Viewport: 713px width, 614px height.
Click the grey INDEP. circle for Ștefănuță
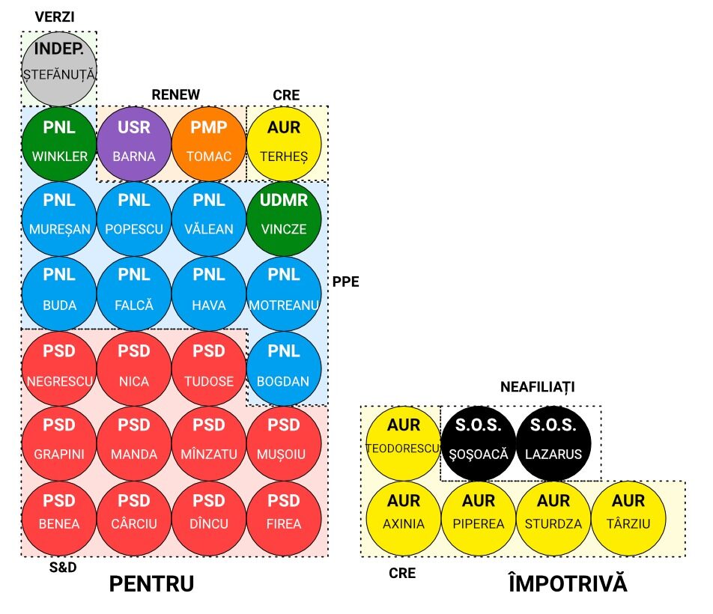59,68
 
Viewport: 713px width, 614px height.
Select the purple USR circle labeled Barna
134,143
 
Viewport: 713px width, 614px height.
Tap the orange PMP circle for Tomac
209,143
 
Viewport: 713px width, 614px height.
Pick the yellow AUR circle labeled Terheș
284,143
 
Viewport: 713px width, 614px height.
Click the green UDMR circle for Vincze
284,218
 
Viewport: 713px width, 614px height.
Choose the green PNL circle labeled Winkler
59,143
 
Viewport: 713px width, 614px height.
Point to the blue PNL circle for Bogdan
284,368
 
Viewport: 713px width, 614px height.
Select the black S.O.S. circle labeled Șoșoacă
479,443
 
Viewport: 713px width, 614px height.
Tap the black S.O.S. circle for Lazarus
553,443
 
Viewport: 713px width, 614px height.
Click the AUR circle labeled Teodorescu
404,443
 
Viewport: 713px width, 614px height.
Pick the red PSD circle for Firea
284,517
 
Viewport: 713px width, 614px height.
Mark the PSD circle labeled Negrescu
59,368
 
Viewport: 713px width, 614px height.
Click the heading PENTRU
151,584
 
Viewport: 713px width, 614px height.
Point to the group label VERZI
55,16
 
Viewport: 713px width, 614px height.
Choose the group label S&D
62,567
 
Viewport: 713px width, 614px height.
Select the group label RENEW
176,94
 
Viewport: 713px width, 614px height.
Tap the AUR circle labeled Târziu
628,517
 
